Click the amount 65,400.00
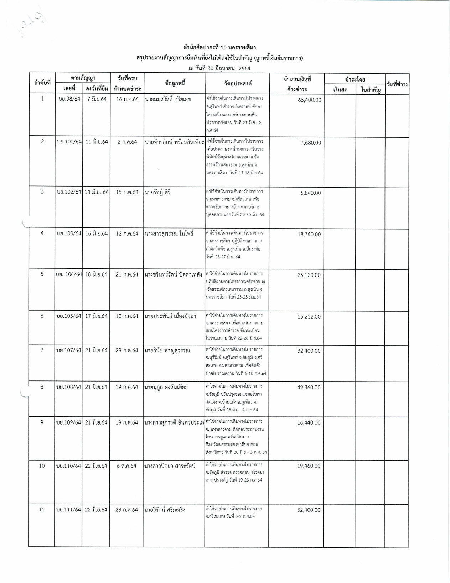[309, 100]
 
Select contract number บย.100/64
[69, 142]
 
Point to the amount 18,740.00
[309, 234]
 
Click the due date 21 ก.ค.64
[127, 275]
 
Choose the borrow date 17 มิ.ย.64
[96, 316]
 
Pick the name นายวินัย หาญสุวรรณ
[167, 351]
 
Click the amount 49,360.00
[309, 388]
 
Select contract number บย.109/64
[69, 423]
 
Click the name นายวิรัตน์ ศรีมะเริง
[165, 510]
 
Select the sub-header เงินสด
[340, 90]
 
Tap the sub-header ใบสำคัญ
[371, 90]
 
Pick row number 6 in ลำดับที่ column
[42, 316]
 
